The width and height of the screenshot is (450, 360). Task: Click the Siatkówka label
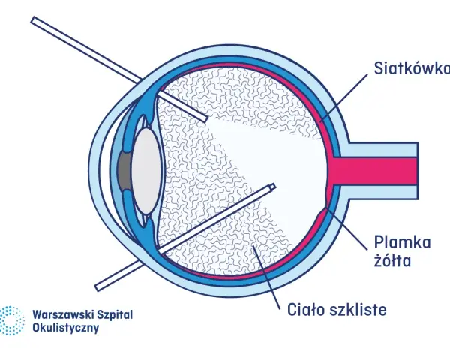point(412,68)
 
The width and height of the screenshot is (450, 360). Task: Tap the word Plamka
point(402,242)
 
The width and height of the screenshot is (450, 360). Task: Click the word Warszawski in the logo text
point(63,314)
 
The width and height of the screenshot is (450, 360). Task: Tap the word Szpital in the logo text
point(115,315)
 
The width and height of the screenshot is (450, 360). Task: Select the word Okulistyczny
point(66,328)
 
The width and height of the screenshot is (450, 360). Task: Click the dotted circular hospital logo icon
point(11,320)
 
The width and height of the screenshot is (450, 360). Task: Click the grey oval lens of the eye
point(145,170)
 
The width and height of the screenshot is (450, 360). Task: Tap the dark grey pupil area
point(124,170)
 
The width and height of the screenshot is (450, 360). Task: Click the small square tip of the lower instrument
point(272,187)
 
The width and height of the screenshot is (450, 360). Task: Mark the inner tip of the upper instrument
point(205,118)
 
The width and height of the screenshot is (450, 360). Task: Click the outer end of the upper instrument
point(34,20)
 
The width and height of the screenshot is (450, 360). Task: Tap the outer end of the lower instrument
point(97,287)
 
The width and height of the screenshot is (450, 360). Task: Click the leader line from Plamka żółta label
point(347,229)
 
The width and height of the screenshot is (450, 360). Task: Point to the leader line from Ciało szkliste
point(266,277)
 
